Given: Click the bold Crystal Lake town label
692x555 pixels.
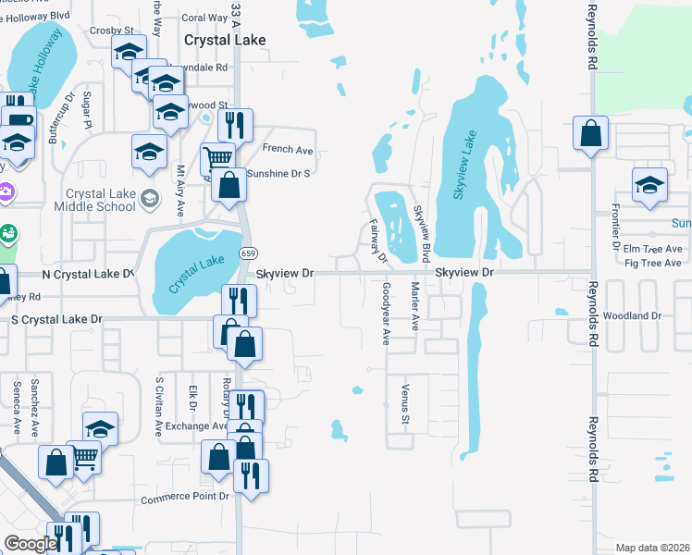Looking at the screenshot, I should click(x=225, y=41).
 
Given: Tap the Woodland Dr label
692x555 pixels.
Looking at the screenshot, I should click(x=631, y=316).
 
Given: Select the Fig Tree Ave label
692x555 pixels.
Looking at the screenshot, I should click(x=653, y=264).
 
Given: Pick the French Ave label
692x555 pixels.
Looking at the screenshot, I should click(x=288, y=149).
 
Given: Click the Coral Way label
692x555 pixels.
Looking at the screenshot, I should click(x=204, y=18).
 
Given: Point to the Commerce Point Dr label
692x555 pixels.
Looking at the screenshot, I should click(x=185, y=499).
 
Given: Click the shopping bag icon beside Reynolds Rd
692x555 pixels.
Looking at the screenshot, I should click(x=590, y=133).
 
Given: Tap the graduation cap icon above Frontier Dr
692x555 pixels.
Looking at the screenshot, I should click(x=649, y=184).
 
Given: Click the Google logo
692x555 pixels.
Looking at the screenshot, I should click(x=31, y=544).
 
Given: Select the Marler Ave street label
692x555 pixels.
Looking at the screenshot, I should click(x=415, y=306).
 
